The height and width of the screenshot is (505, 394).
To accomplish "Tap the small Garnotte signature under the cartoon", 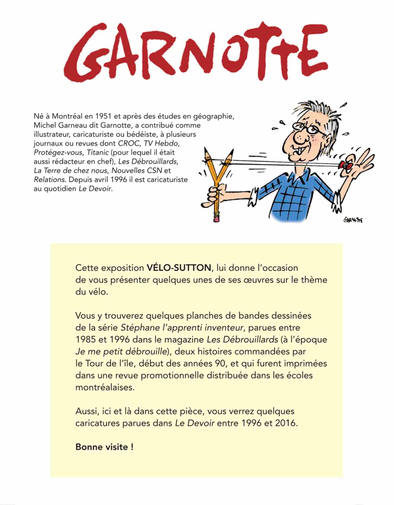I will [353, 220].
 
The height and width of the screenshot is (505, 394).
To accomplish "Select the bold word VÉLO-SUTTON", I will [179, 268].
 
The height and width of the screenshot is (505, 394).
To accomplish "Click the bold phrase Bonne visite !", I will [104, 447].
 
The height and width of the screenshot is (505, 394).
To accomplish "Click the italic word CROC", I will [128, 143].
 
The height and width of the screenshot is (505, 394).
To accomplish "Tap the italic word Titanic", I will [97, 152].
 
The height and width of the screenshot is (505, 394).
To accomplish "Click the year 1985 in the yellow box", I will [86, 340].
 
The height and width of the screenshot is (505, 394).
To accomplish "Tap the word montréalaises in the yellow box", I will [105, 387].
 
